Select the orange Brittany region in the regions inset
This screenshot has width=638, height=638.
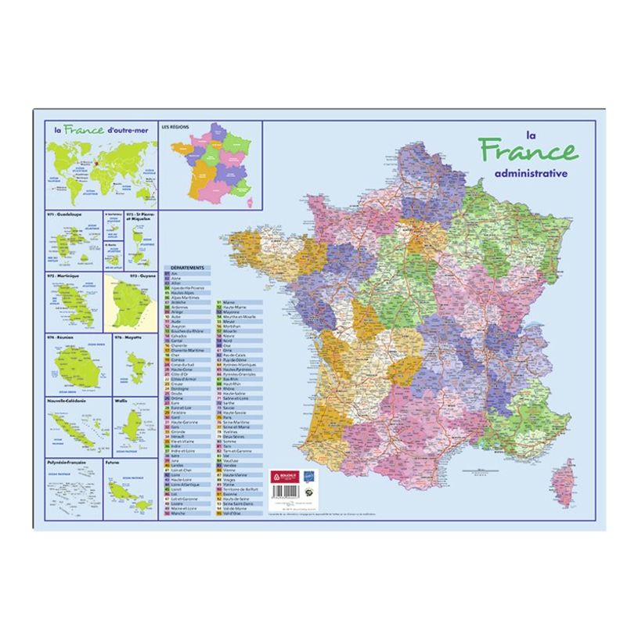[182, 150]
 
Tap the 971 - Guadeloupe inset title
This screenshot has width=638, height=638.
[69, 214]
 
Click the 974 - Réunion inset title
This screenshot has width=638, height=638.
[65, 337]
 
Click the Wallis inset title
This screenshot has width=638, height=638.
[121, 400]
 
